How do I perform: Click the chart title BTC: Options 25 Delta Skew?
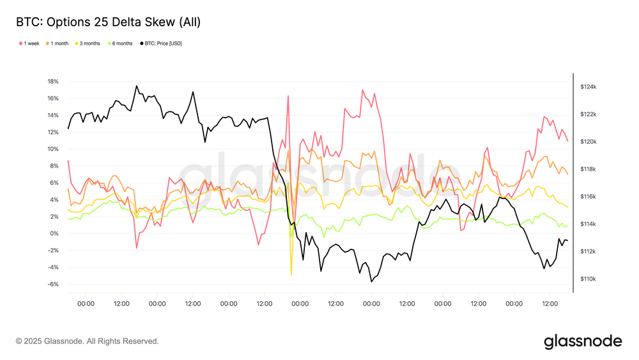pyautogui.click(x=108, y=22)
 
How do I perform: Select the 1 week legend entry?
pyautogui.click(x=31, y=43)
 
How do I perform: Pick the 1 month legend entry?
pyautogui.click(x=59, y=43)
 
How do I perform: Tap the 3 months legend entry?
pyautogui.click(x=89, y=43)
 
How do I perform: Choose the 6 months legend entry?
pyautogui.click(x=122, y=43)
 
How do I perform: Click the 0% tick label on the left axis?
pyautogui.click(x=54, y=233)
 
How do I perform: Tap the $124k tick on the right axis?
pyautogui.click(x=588, y=86)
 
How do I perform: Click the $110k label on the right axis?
pyautogui.click(x=588, y=279)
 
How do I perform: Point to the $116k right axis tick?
pyautogui.click(x=588, y=197)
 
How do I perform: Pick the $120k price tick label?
pyautogui.click(x=588, y=142)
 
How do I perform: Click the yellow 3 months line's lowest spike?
pyautogui.click(x=291, y=275)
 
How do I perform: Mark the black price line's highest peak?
pyautogui.click(x=136, y=86)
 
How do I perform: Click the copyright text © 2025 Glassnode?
pyautogui.click(x=87, y=341)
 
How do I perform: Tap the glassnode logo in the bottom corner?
pyautogui.click(x=583, y=341)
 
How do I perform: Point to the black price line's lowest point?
pyautogui.click(x=371, y=281)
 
